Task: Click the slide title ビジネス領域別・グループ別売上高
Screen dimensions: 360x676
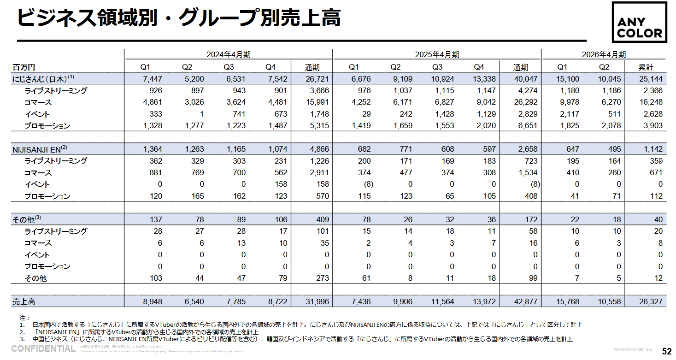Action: click(x=178, y=18)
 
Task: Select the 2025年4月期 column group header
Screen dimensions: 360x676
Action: click(x=436, y=54)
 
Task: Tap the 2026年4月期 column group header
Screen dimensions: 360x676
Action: click(x=603, y=54)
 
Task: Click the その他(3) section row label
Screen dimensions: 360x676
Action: click(x=27, y=219)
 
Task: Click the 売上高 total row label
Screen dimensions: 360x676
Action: click(x=24, y=302)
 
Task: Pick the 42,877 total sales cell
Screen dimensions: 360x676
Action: click(x=526, y=302)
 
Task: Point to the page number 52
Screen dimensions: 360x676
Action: click(x=666, y=351)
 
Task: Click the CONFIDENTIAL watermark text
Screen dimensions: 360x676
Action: click(x=43, y=348)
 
